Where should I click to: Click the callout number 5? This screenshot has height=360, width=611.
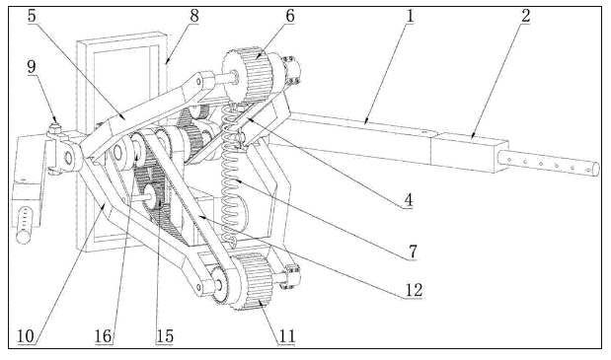(32, 16)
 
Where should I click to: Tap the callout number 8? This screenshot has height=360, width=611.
(194, 16)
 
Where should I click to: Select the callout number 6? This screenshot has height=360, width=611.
(290, 16)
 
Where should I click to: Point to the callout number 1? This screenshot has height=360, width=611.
(410, 16)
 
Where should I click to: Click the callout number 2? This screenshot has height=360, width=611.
(526, 16)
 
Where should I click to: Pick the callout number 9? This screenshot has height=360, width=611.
(32, 66)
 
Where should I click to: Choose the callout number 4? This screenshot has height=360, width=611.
(408, 200)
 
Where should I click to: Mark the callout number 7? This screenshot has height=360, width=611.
(413, 252)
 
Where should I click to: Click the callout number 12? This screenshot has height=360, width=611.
(414, 290)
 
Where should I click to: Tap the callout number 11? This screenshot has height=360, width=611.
(286, 336)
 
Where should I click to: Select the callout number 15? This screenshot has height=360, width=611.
(165, 336)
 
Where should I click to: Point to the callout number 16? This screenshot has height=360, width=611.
(104, 336)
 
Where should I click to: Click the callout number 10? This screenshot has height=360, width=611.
(26, 336)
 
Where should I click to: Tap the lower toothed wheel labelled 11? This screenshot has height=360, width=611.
(254, 281)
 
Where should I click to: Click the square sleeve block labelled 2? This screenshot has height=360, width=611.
(468, 153)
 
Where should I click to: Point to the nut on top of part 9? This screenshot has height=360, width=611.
(54, 127)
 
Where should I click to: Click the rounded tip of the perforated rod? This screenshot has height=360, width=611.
(596, 170)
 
